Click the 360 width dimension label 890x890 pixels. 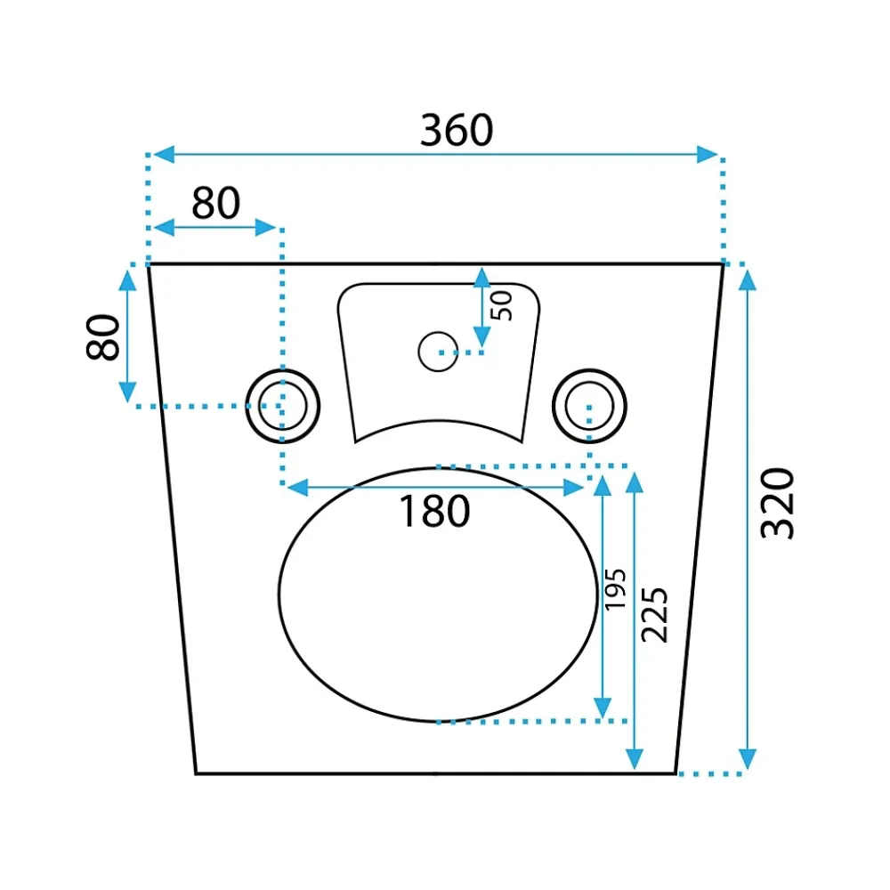pos(457,130)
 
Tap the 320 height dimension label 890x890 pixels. pos(777,503)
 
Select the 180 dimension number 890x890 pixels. pos(435,511)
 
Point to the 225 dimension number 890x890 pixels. pos(654,615)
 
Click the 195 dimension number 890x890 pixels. pos(615,589)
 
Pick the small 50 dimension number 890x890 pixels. pos(501,306)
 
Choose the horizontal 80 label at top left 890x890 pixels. pos(215,203)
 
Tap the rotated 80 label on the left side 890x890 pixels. pos(102,337)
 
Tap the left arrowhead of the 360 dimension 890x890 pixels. pos(164,154)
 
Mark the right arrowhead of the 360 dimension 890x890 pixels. pos(708,154)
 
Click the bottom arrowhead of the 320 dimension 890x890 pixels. pos(748,759)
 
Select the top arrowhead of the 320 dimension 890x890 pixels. pos(748,279)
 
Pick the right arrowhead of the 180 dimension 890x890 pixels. pos(573,487)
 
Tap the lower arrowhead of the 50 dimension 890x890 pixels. pos(481,337)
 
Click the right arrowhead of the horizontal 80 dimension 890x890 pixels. pos(265,228)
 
